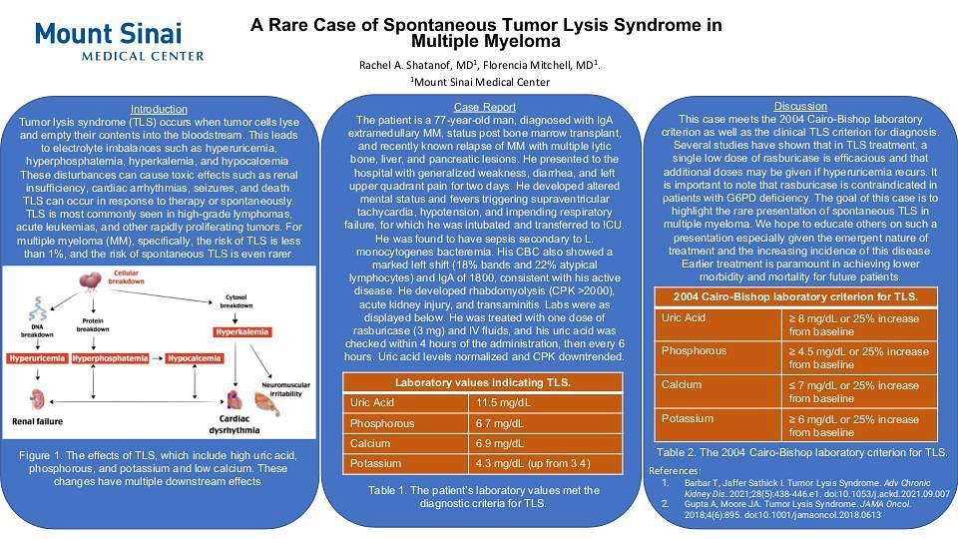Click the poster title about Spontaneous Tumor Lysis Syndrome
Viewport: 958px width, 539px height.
485,33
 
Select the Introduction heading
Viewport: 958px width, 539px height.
159,109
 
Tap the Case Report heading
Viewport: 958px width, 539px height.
485,107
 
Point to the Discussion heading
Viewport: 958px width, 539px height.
800,106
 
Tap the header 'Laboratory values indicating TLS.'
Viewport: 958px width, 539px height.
483,382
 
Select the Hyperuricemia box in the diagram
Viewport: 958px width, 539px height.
38,356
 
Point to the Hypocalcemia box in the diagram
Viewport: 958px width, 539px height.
195,356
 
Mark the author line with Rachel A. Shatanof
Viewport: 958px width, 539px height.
480,65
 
